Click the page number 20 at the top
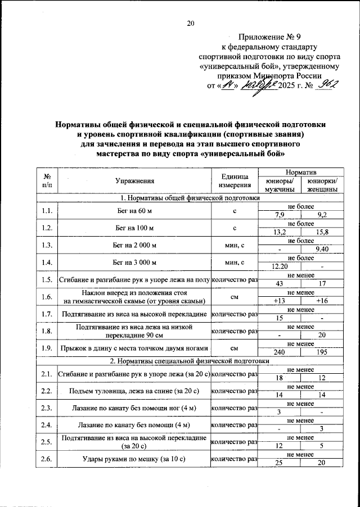click(190, 23)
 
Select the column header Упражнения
click(134, 181)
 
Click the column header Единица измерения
click(235, 181)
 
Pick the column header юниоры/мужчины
click(279, 185)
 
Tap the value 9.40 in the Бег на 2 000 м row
click(323, 249)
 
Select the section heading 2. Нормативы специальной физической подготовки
click(186, 361)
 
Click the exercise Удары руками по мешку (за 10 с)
click(134, 459)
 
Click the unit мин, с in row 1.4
click(235, 262)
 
